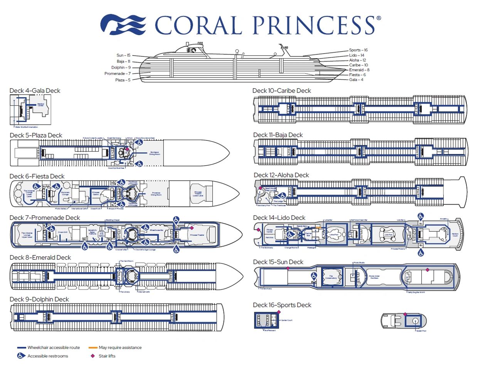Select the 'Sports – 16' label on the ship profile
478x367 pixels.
coord(358,50)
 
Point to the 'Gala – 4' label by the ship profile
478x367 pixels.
coord(356,80)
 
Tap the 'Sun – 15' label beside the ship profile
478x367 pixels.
coord(123,56)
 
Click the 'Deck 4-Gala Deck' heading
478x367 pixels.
coord(35,91)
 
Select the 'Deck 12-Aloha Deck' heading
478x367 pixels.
coord(281,175)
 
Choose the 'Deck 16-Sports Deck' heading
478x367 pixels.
coord(282,305)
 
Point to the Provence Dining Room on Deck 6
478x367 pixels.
coord(156,194)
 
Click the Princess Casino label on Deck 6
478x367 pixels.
coord(96,193)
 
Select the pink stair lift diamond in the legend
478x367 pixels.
coord(93,356)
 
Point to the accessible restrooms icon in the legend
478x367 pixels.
coord(22,356)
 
